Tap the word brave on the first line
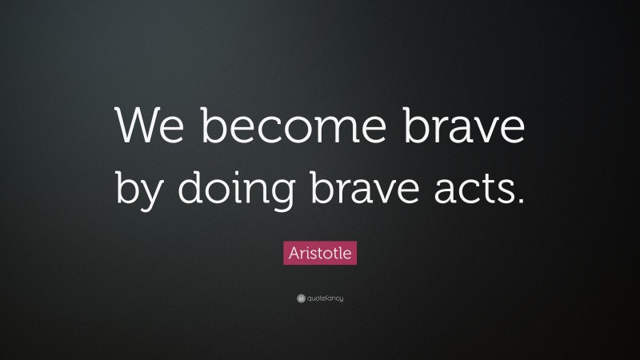tap(466, 125)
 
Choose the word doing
tap(233, 190)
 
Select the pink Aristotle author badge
tap(320, 254)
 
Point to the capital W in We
tap(136, 125)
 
